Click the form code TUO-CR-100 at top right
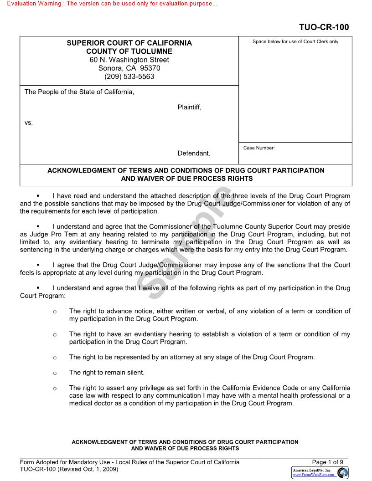pyautogui.click(x=324, y=27)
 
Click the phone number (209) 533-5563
pyautogui.click(x=129, y=77)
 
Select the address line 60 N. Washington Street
pyautogui.click(x=129, y=60)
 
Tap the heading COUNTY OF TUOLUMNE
pyautogui.click(x=129, y=51)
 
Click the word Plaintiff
pyautogui.click(x=189, y=107)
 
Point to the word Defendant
pyautogui.click(x=194, y=154)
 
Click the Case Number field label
pyautogui.click(x=259, y=148)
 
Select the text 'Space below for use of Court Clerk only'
pyautogui.click(x=295, y=42)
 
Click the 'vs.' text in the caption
pyautogui.click(x=29, y=123)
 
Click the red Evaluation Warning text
pyautogui.click(x=112, y=4)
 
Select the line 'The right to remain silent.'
pyautogui.click(x=107, y=373)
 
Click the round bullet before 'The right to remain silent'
pyautogui.click(x=55, y=373)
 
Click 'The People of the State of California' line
pyautogui.click(x=79, y=92)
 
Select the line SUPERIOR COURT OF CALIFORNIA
pyautogui.click(x=129, y=43)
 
